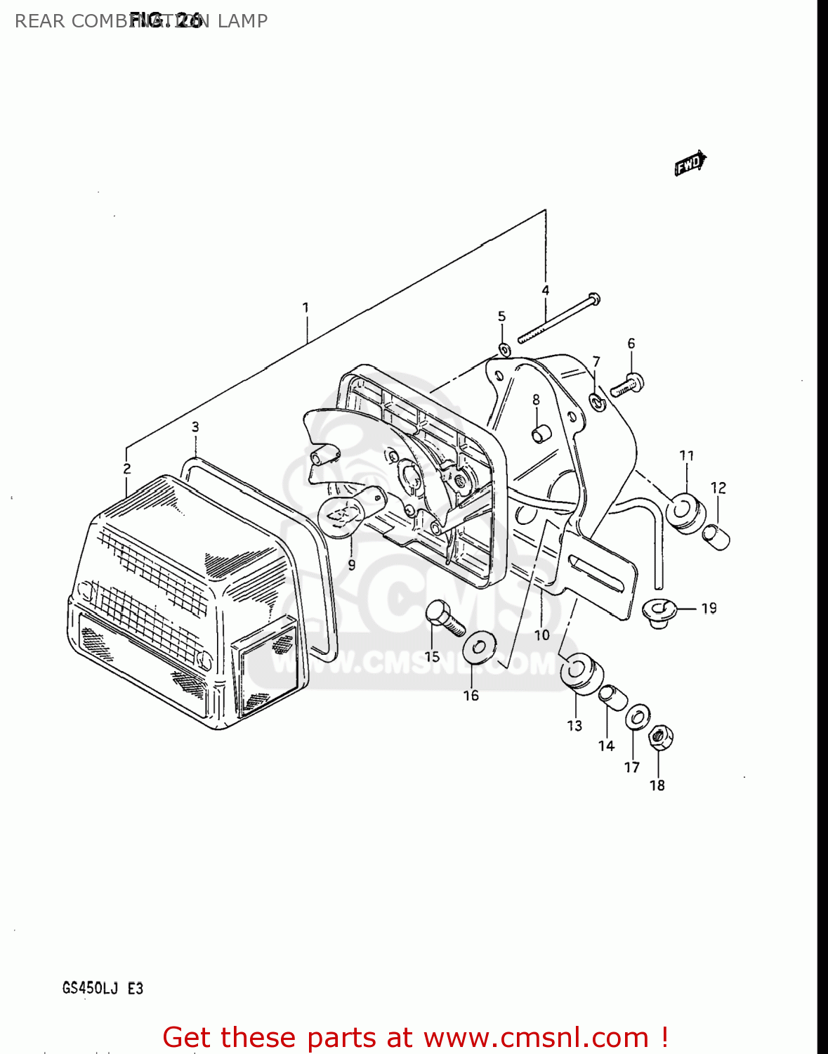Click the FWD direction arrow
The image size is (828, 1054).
pyautogui.click(x=690, y=164)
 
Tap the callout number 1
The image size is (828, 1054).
pyautogui.click(x=305, y=308)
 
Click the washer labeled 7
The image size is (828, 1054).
pyautogui.click(x=598, y=403)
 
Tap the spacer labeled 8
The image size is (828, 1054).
pyautogui.click(x=539, y=434)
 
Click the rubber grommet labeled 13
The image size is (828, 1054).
pyautogui.click(x=580, y=671)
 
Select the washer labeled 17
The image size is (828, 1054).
pyautogui.click(x=636, y=718)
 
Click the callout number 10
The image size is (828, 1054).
pyautogui.click(x=541, y=635)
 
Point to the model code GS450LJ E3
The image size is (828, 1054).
pyautogui.click(x=103, y=988)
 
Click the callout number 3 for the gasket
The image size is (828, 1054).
pyautogui.click(x=195, y=427)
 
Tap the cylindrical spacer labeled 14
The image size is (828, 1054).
pyautogui.click(x=612, y=698)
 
